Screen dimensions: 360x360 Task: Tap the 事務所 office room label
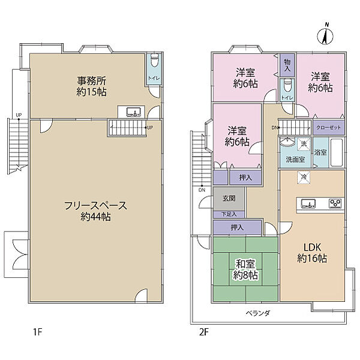92,81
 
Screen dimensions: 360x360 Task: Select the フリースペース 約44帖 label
95,211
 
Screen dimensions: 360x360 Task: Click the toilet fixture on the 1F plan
155,61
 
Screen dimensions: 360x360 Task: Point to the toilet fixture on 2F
287,85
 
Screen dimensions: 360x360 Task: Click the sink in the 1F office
133,112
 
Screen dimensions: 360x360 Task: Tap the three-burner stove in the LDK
335,203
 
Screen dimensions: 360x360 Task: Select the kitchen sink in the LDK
308,203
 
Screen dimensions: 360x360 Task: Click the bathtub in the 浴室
337,152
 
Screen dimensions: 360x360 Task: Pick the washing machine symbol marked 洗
304,145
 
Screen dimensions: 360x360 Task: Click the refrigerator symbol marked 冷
304,177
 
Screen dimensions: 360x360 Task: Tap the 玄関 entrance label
229,198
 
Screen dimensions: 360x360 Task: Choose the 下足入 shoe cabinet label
229,214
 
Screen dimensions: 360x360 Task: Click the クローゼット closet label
329,127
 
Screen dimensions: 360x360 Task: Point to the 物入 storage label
287,65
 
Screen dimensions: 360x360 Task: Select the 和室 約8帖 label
245,269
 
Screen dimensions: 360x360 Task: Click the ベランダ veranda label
258,313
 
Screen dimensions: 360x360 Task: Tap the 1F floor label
38,332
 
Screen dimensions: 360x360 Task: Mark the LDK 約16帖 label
312,253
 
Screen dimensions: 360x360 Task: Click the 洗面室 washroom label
295,160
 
